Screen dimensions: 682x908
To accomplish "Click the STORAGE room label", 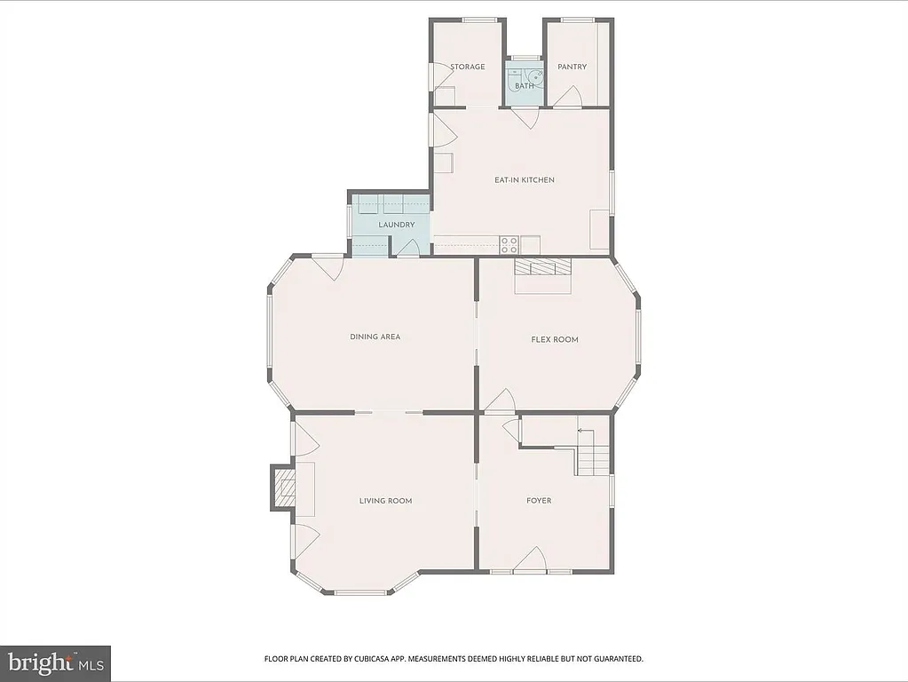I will pyautogui.click(x=467, y=67).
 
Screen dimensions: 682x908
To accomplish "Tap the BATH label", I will pyautogui.click(x=525, y=86).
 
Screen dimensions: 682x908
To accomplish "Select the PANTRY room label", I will pyautogui.click(x=572, y=67).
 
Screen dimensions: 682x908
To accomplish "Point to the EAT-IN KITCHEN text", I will pyautogui.click(x=524, y=180).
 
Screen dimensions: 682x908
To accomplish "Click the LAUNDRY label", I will pyautogui.click(x=396, y=225).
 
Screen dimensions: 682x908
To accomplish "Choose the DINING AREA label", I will pyautogui.click(x=375, y=337).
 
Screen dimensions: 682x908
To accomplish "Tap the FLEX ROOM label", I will pyautogui.click(x=555, y=339).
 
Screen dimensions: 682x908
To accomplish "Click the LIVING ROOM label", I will pyautogui.click(x=385, y=501).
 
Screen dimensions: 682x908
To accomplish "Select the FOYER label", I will pyautogui.click(x=539, y=501).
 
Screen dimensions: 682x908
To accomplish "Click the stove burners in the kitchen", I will pyautogui.click(x=509, y=244).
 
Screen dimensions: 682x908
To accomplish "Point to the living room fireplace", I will pyautogui.click(x=284, y=488).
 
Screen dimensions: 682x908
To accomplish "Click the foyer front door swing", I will pyautogui.click(x=531, y=560).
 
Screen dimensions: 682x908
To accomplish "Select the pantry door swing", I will pyautogui.click(x=568, y=97).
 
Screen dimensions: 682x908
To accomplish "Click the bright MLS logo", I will pyautogui.click(x=55, y=663).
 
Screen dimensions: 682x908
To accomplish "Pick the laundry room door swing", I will pyautogui.click(x=407, y=249).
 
